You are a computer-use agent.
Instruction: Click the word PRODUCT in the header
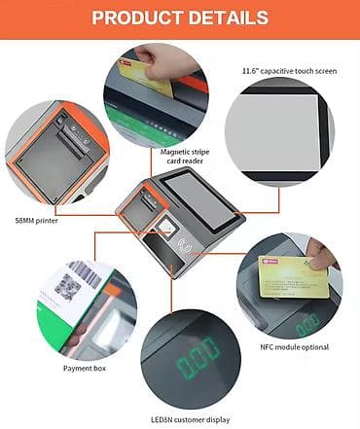[x=137, y=18]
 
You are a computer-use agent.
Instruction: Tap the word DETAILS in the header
[x=229, y=18]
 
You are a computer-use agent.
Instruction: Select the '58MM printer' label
[x=37, y=221]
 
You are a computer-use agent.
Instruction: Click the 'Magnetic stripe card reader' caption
[x=185, y=157]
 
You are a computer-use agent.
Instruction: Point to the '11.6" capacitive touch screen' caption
[x=290, y=71]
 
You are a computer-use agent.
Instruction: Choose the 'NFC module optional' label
[x=295, y=347]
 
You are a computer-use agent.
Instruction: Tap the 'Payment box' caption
[x=85, y=369]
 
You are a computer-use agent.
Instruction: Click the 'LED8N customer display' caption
[x=191, y=419]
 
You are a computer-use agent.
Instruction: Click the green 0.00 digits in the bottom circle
[x=198, y=357]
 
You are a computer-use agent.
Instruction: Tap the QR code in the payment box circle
[x=67, y=287]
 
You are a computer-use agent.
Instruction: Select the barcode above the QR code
[x=86, y=273]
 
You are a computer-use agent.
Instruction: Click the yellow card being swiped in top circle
[x=146, y=77]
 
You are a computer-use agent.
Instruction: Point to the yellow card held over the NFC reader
[x=294, y=277]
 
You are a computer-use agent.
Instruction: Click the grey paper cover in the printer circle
[x=46, y=159]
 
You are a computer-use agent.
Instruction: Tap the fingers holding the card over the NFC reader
[x=320, y=256]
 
